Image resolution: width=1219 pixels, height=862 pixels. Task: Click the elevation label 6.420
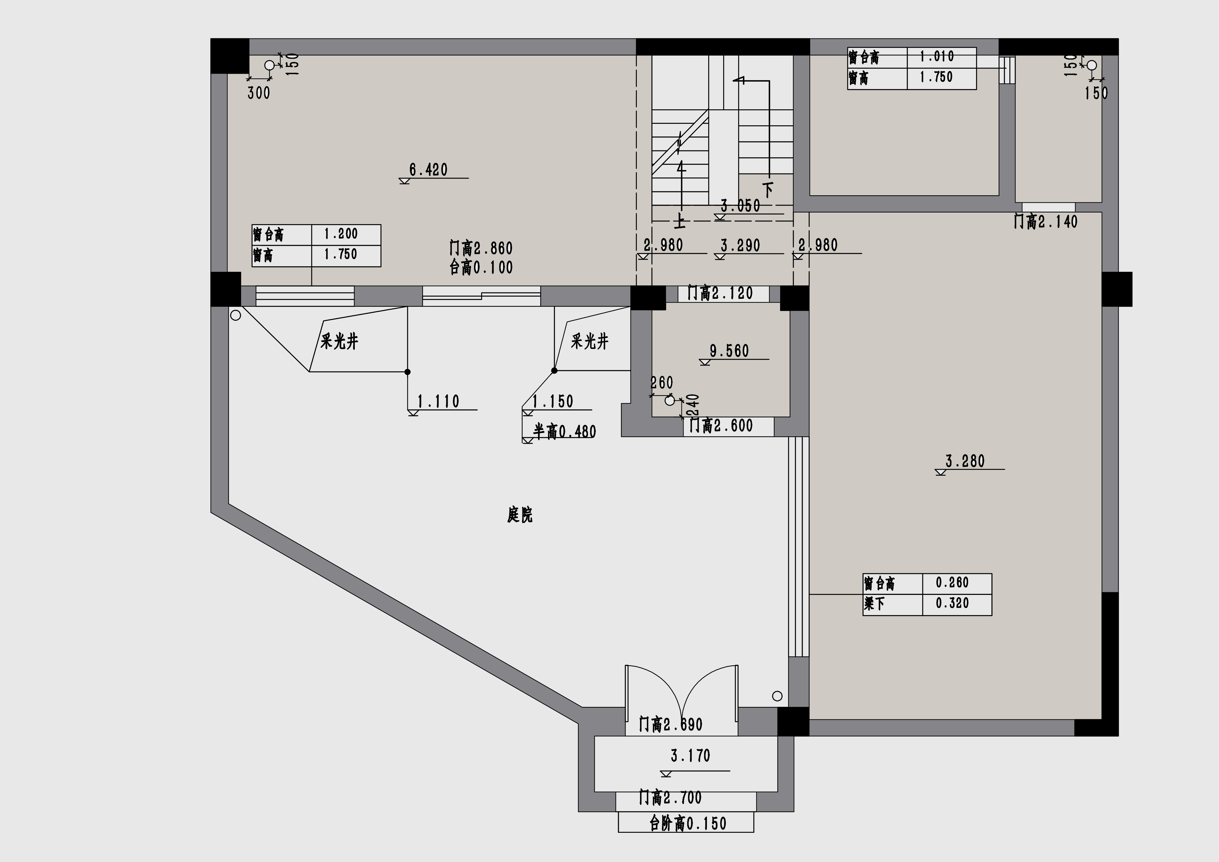click(x=429, y=170)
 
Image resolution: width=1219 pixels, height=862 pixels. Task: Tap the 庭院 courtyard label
click(x=520, y=514)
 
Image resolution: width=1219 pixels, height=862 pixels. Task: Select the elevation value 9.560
click(x=730, y=351)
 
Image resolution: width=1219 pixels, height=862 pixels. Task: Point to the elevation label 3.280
click(x=965, y=461)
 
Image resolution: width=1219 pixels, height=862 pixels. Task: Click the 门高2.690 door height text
click(x=671, y=725)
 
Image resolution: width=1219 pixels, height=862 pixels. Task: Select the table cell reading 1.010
click(x=937, y=56)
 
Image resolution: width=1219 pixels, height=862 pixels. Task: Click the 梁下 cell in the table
click(x=875, y=603)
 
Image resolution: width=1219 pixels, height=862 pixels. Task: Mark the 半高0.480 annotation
click(x=564, y=431)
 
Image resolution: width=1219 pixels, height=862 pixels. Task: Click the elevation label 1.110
click(x=439, y=401)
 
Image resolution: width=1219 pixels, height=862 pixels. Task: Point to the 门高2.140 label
click(x=1045, y=221)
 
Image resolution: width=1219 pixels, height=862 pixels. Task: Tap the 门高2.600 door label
click(x=721, y=426)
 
